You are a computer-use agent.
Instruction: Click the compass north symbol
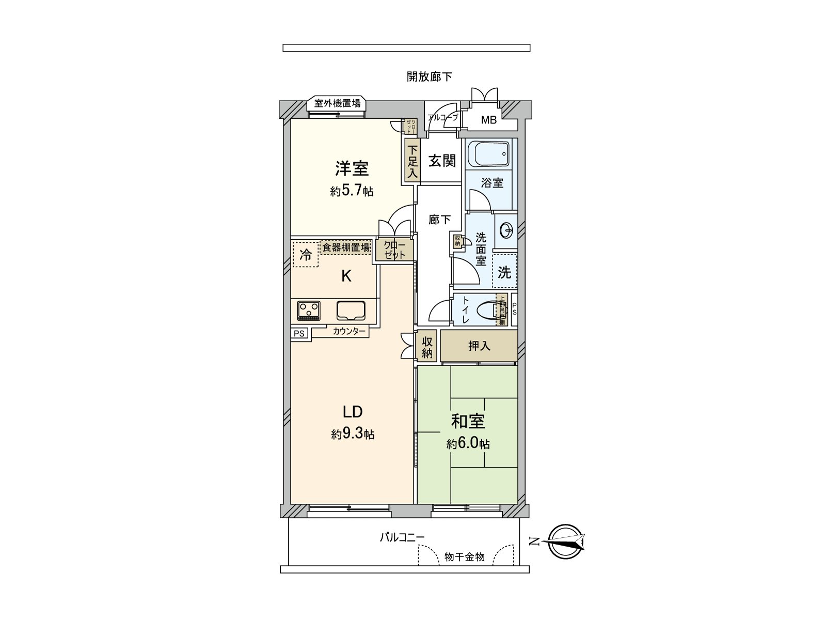(565, 542)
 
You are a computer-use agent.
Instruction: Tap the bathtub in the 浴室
(488, 153)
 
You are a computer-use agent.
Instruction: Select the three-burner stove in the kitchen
(309, 311)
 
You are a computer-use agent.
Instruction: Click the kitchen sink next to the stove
(351, 311)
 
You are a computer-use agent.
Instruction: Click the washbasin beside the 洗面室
(506, 230)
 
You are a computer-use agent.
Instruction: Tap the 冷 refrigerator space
(305, 255)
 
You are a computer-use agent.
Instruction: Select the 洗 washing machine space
(504, 272)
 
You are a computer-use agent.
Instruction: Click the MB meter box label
(489, 120)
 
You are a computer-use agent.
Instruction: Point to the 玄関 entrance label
(442, 161)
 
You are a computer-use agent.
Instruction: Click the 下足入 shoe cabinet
(411, 162)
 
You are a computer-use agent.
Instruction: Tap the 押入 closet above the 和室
(479, 346)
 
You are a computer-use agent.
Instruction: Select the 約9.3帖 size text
(353, 434)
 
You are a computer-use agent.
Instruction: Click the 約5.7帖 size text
(352, 191)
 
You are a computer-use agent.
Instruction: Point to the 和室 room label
(468, 421)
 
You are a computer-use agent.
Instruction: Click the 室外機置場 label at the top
(338, 103)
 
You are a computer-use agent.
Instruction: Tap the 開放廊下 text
(429, 77)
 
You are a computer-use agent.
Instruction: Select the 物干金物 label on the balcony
(464, 557)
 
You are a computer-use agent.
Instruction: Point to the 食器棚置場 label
(346, 247)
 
